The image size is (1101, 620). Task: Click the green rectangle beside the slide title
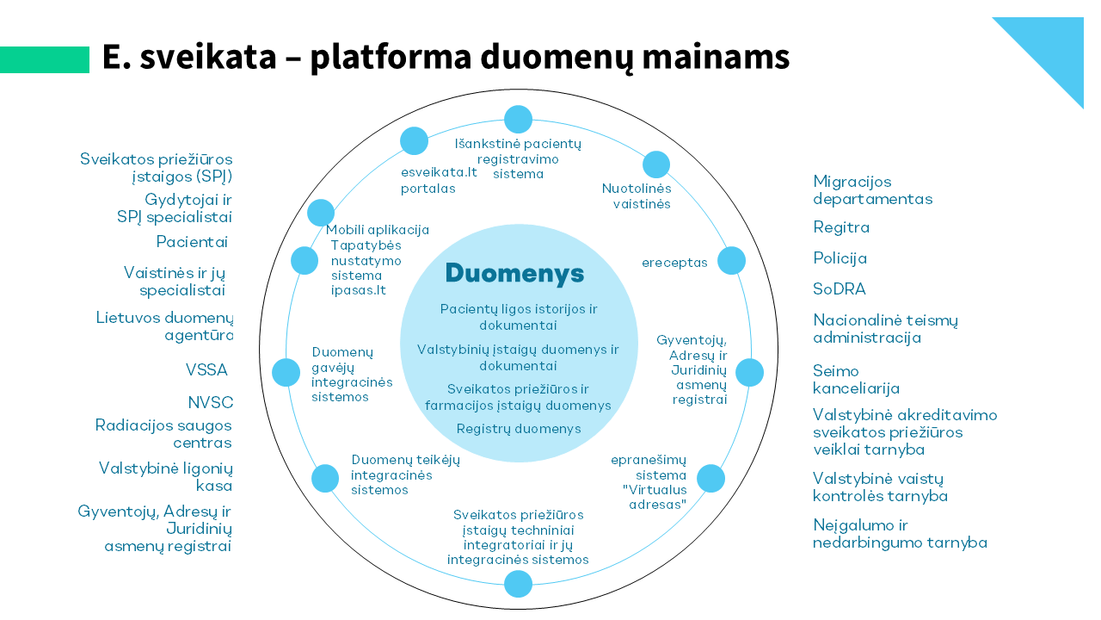pos(45,59)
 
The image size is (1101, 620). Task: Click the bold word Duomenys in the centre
pos(514,274)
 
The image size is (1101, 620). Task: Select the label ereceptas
pos(674,263)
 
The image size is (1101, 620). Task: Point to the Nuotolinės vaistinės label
pos(637,195)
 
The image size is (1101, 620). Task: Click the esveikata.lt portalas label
pos(439,180)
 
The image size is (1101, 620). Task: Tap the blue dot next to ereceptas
pos(731,260)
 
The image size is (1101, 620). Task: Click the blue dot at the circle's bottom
pos(519,584)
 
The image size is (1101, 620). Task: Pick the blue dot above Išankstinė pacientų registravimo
pos(519,119)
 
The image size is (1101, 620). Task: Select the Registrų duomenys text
pos(519,429)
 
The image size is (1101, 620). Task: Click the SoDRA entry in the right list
pos(840,289)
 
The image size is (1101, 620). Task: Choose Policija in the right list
pos(840,258)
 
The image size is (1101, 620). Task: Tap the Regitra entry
pos(841,227)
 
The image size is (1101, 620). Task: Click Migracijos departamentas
pos(872,190)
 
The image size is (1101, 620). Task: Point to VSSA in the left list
pos(206,370)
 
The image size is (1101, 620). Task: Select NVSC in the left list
pos(211,403)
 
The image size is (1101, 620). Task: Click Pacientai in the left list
pos(192,242)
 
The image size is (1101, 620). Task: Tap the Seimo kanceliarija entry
pos(856,380)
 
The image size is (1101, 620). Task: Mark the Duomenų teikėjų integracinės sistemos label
pos(405,474)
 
